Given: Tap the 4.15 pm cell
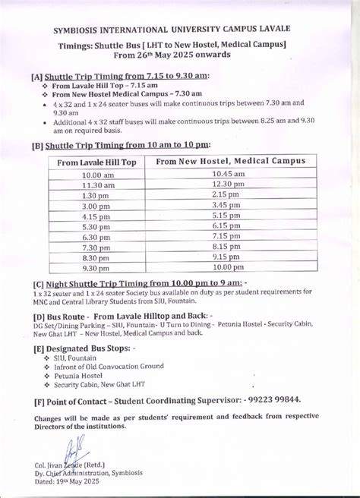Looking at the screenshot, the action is (99, 216).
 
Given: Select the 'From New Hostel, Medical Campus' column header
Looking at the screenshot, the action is (231, 161).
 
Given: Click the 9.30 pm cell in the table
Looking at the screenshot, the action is (99, 268).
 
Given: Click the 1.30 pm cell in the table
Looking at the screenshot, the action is (99, 196).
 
